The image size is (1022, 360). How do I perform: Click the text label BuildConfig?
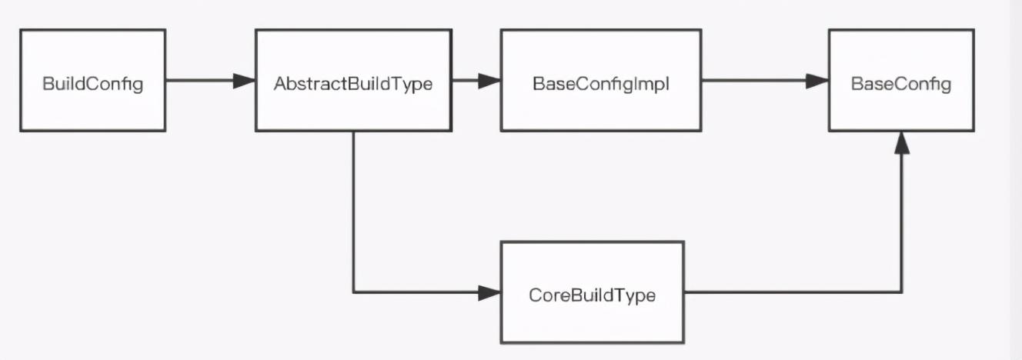(92, 84)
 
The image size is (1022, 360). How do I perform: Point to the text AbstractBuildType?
(353, 84)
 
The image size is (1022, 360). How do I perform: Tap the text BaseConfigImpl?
(600, 84)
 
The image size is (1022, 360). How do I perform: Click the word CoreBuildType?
(592, 295)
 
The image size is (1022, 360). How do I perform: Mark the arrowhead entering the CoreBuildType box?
(489, 292)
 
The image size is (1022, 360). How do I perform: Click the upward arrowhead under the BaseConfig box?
(901, 143)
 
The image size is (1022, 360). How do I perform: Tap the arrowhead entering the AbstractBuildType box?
(245, 80)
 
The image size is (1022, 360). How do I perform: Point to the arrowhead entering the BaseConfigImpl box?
(489, 80)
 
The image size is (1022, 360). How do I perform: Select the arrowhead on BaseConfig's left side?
(817, 80)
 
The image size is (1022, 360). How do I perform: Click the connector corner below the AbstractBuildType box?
(353, 292)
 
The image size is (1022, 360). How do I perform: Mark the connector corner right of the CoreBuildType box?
(901, 292)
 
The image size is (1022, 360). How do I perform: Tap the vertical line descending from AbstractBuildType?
(353, 212)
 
